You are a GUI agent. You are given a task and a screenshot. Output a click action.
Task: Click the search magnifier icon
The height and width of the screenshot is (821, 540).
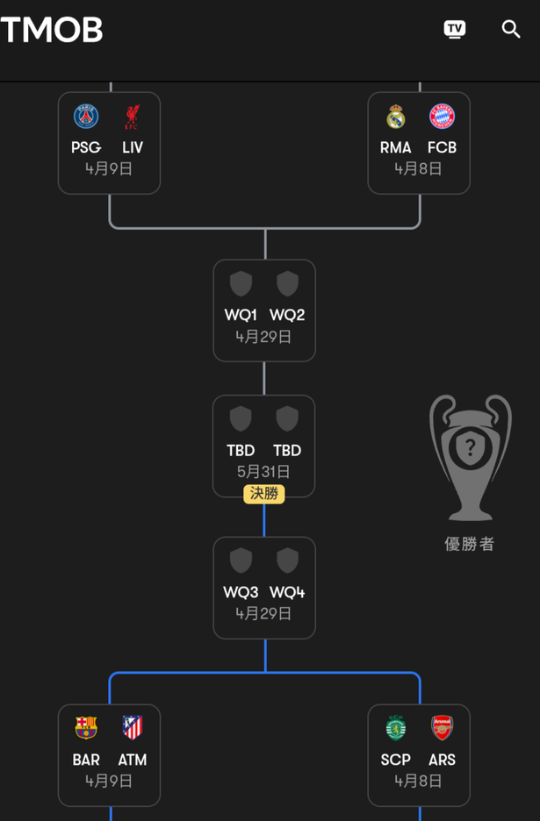point(511,29)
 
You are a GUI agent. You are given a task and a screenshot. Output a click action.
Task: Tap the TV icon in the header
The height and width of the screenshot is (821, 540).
point(455,29)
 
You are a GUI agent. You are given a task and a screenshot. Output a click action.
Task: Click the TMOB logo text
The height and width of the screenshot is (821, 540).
point(52,30)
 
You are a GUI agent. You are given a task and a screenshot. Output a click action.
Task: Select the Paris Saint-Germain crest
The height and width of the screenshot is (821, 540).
point(86,117)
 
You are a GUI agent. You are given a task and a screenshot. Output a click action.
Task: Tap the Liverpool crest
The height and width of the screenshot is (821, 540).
point(132,117)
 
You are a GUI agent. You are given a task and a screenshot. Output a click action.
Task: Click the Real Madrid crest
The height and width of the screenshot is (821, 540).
point(396,117)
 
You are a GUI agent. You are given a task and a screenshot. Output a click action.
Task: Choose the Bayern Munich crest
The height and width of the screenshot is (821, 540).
point(442,117)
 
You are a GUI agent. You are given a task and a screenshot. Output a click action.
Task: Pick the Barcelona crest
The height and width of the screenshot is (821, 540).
point(86,727)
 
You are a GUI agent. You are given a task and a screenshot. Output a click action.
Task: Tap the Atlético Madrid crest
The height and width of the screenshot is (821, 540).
point(132,727)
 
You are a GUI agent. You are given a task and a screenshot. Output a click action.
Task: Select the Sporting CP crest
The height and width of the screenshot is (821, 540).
point(396,727)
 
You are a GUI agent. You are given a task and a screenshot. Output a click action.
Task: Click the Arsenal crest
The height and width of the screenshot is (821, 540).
point(442,727)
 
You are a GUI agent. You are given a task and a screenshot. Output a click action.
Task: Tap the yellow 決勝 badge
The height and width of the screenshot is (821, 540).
point(264,494)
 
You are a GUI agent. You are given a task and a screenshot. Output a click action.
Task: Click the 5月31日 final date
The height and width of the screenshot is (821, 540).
point(263,472)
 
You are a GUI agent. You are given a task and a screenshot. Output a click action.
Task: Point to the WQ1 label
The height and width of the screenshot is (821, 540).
point(241,315)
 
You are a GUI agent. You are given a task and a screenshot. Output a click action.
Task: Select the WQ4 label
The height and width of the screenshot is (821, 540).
point(287,592)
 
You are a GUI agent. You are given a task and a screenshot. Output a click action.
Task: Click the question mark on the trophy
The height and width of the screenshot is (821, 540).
point(471,446)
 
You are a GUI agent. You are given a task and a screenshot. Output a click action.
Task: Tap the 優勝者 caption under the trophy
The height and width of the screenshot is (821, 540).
point(470,544)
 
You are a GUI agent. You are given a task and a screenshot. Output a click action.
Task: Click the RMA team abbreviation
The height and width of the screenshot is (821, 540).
point(396,147)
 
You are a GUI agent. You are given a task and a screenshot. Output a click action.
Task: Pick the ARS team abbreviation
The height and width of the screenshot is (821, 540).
point(442,760)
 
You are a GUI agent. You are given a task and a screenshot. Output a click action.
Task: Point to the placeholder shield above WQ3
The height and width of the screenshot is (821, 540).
point(241,560)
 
